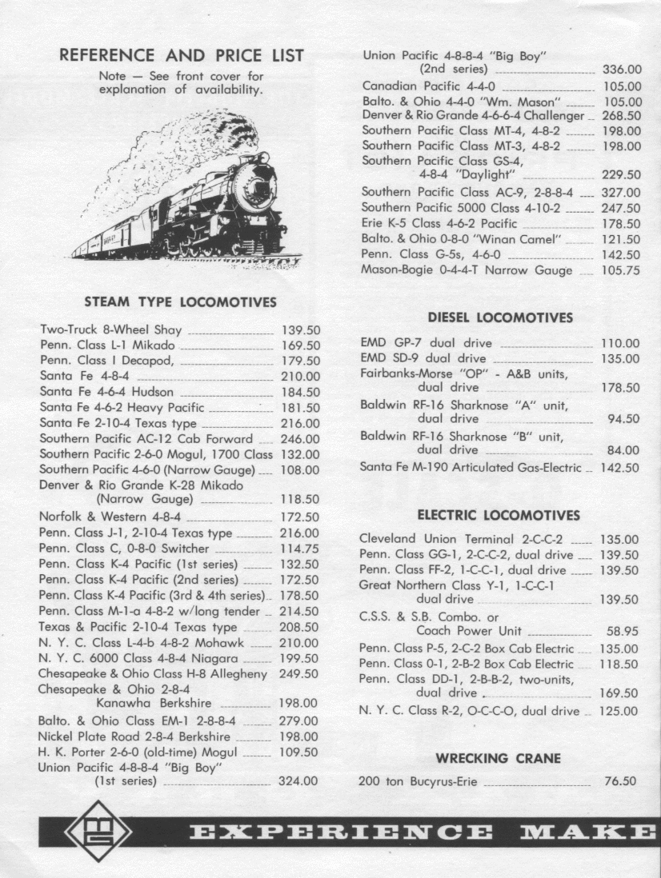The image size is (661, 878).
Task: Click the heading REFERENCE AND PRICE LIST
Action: tap(182, 56)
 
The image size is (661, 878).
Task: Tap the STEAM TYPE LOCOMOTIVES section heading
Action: tap(180, 302)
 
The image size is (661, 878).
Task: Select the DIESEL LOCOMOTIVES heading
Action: tap(500, 317)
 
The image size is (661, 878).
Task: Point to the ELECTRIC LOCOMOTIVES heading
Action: tap(499, 515)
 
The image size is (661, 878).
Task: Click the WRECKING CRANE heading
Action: tap(498, 758)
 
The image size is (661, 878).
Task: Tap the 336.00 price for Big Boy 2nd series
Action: tap(622, 71)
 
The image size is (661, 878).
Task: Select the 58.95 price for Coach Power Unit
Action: tap(622, 632)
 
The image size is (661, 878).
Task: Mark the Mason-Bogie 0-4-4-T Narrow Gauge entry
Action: tap(467, 270)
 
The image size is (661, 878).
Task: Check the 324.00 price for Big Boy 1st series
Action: tap(298, 781)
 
